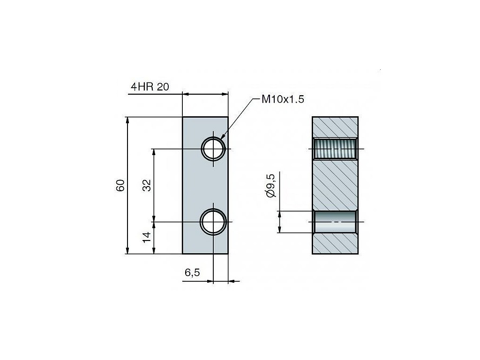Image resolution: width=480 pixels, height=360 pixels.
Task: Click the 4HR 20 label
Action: (x=150, y=87)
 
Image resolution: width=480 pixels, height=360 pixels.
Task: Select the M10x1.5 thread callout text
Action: (x=283, y=99)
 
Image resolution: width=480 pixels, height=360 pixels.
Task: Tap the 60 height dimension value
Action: (x=120, y=186)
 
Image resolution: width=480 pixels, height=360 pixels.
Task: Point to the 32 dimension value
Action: (x=147, y=186)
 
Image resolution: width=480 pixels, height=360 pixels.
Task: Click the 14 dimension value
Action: (x=147, y=238)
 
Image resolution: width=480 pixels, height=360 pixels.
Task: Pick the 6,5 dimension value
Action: (x=192, y=272)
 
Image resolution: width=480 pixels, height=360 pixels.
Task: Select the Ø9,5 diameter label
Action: (x=271, y=185)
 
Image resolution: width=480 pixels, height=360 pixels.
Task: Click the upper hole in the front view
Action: (x=213, y=149)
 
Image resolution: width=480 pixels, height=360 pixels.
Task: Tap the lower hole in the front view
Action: (x=213, y=222)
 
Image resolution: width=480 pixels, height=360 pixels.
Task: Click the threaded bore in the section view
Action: (x=335, y=149)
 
